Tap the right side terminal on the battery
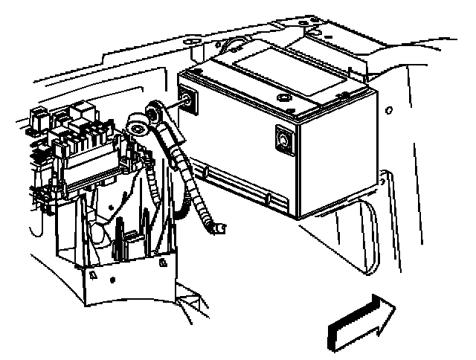click(283, 138)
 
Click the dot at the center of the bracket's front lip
click(112, 281)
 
